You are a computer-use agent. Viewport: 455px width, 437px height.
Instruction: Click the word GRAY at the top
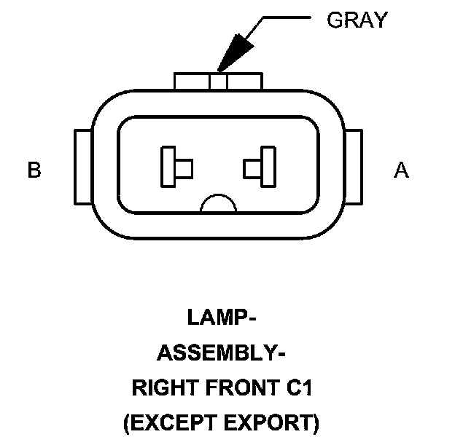357,20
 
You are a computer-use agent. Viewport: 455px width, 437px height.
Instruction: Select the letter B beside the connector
34,170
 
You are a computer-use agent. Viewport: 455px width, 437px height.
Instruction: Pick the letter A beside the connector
401,170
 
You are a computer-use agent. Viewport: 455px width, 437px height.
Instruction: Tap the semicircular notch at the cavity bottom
219,205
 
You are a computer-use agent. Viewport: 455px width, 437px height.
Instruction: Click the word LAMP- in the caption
222,318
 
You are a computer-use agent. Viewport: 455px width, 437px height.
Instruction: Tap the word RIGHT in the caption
159,388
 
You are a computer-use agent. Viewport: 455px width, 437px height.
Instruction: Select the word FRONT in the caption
236,388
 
